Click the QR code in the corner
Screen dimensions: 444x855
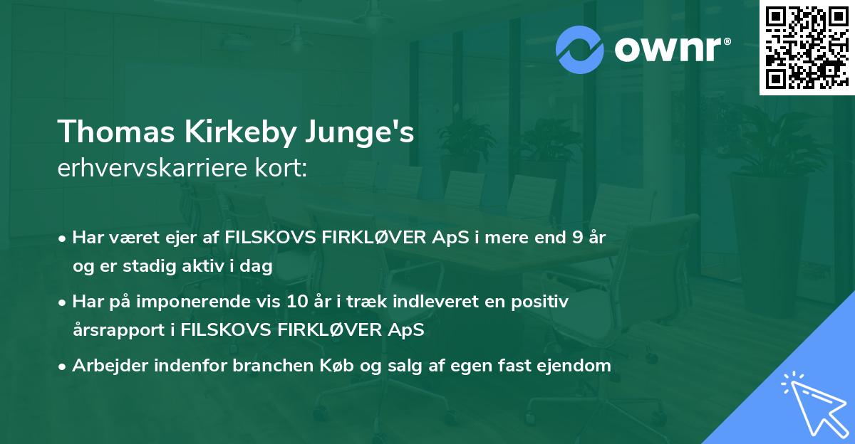click(x=807, y=48)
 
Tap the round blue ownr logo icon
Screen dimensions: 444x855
click(x=579, y=50)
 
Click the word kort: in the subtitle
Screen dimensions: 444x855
click(x=281, y=169)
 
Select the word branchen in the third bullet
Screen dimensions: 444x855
click(x=300, y=366)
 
